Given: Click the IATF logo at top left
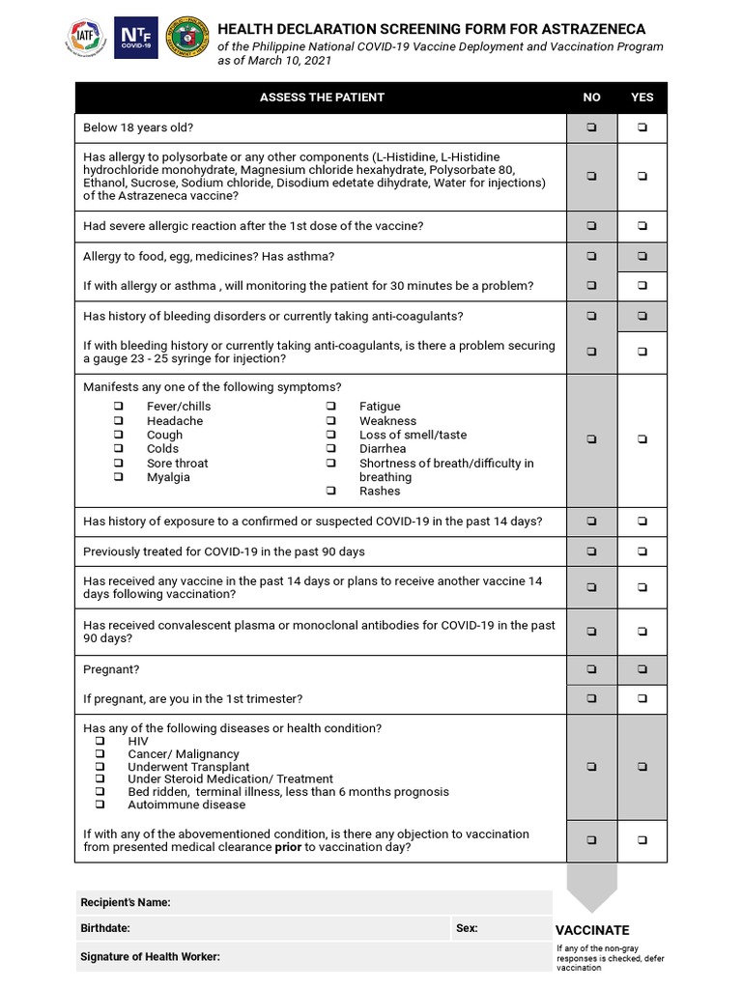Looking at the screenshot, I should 85,38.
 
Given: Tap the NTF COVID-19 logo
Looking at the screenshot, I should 135,38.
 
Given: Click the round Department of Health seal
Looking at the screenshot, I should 186,38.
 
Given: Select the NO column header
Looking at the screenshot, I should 591,98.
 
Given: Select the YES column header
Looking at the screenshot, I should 642,98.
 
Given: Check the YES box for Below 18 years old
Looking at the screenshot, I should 642,127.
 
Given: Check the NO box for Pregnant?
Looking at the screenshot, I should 591,669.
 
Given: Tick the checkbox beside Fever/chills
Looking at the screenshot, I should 119,407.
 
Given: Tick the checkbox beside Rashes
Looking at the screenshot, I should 330,491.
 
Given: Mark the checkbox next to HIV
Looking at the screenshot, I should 100,741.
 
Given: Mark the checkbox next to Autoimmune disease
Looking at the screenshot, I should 100,805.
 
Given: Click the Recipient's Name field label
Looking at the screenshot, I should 126,902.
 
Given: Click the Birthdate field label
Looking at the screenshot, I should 106,928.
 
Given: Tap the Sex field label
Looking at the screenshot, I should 467,928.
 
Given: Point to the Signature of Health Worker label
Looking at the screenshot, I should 152,956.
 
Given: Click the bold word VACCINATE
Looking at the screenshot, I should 592,930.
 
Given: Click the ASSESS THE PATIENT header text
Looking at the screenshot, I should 322,98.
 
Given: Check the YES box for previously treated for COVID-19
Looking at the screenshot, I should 642,551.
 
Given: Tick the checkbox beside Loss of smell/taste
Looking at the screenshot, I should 330,435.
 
